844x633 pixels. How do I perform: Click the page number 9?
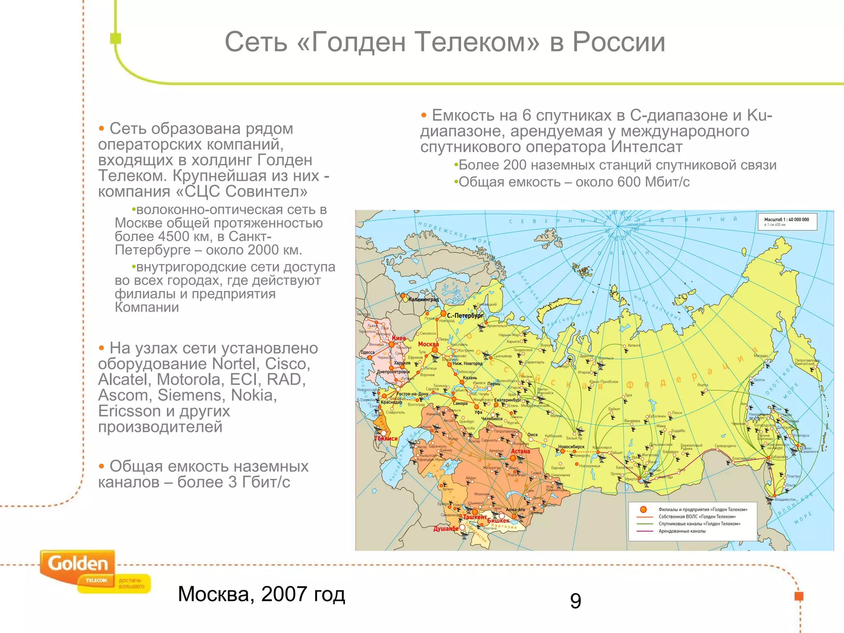pyautogui.click(x=576, y=601)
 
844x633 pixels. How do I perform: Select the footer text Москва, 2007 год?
pyautogui.click(x=261, y=594)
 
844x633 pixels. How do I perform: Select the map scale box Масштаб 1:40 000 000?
pyautogui.click(x=787, y=222)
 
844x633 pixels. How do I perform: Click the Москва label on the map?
pyautogui.click(x=428, y=344)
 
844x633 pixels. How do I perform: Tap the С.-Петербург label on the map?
pyautogui.click(x=465, y=316)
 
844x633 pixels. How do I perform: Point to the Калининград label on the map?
pyautogui.click(x=423, y=300)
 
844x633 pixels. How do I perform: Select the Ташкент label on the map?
pyautogui.click(x=475, y=517)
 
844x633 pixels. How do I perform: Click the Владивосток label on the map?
pyautogui.click(x=785, y=499)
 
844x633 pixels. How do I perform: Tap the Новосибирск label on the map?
pyautogui.click(x=571, y=447)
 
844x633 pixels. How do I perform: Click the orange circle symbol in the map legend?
pyautogui.click(x=643, y=509)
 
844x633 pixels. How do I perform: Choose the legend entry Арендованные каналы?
pyautogui.click(x=682, y=531)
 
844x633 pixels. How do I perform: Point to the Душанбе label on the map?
pyautogui.click(x=446, y=528)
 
